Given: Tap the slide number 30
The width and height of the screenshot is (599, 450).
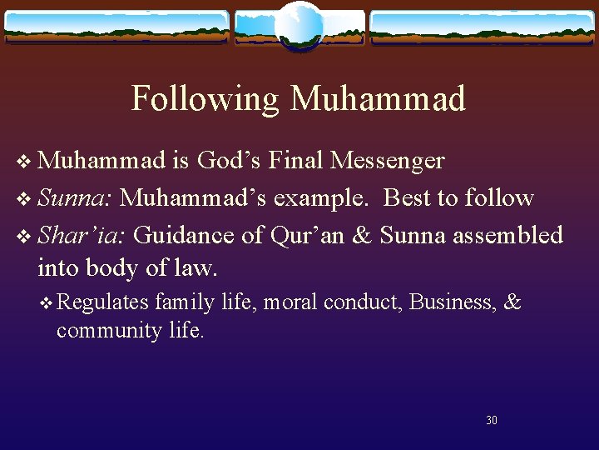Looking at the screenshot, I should pyautogui.click(x=492, y=420).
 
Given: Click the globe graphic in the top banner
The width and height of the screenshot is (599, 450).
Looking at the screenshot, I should pyautogui.click(x=299, y=26).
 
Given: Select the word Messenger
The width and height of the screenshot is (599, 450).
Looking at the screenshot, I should pyautogui.click(x=387, y=160).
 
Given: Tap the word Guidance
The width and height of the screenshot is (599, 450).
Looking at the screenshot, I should pyautogui.click(x=185, y=235).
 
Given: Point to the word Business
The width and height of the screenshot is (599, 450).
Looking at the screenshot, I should pyautogui.click(x=453, y=302).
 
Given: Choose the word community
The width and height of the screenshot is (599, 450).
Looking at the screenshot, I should pyautogui.click(x=106, y=330).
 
